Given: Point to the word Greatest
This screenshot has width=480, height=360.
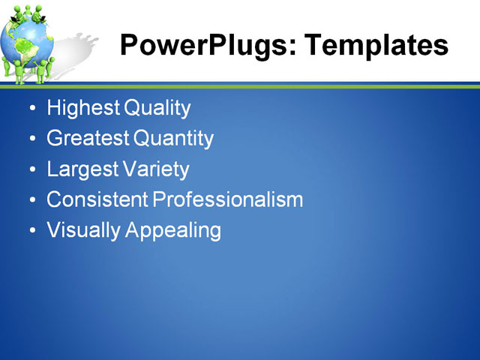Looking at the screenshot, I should point(87,139).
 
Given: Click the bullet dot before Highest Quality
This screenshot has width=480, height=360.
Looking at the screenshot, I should point(31,109).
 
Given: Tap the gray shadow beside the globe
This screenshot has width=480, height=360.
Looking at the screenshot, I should point(75,49).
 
